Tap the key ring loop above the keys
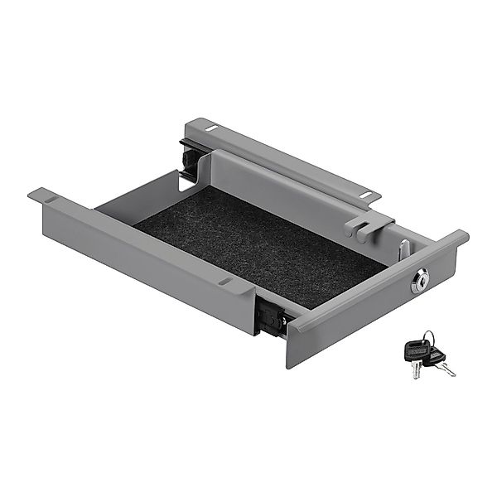427,338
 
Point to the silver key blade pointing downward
413,370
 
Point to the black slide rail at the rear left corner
189,159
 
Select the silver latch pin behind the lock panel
403,248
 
